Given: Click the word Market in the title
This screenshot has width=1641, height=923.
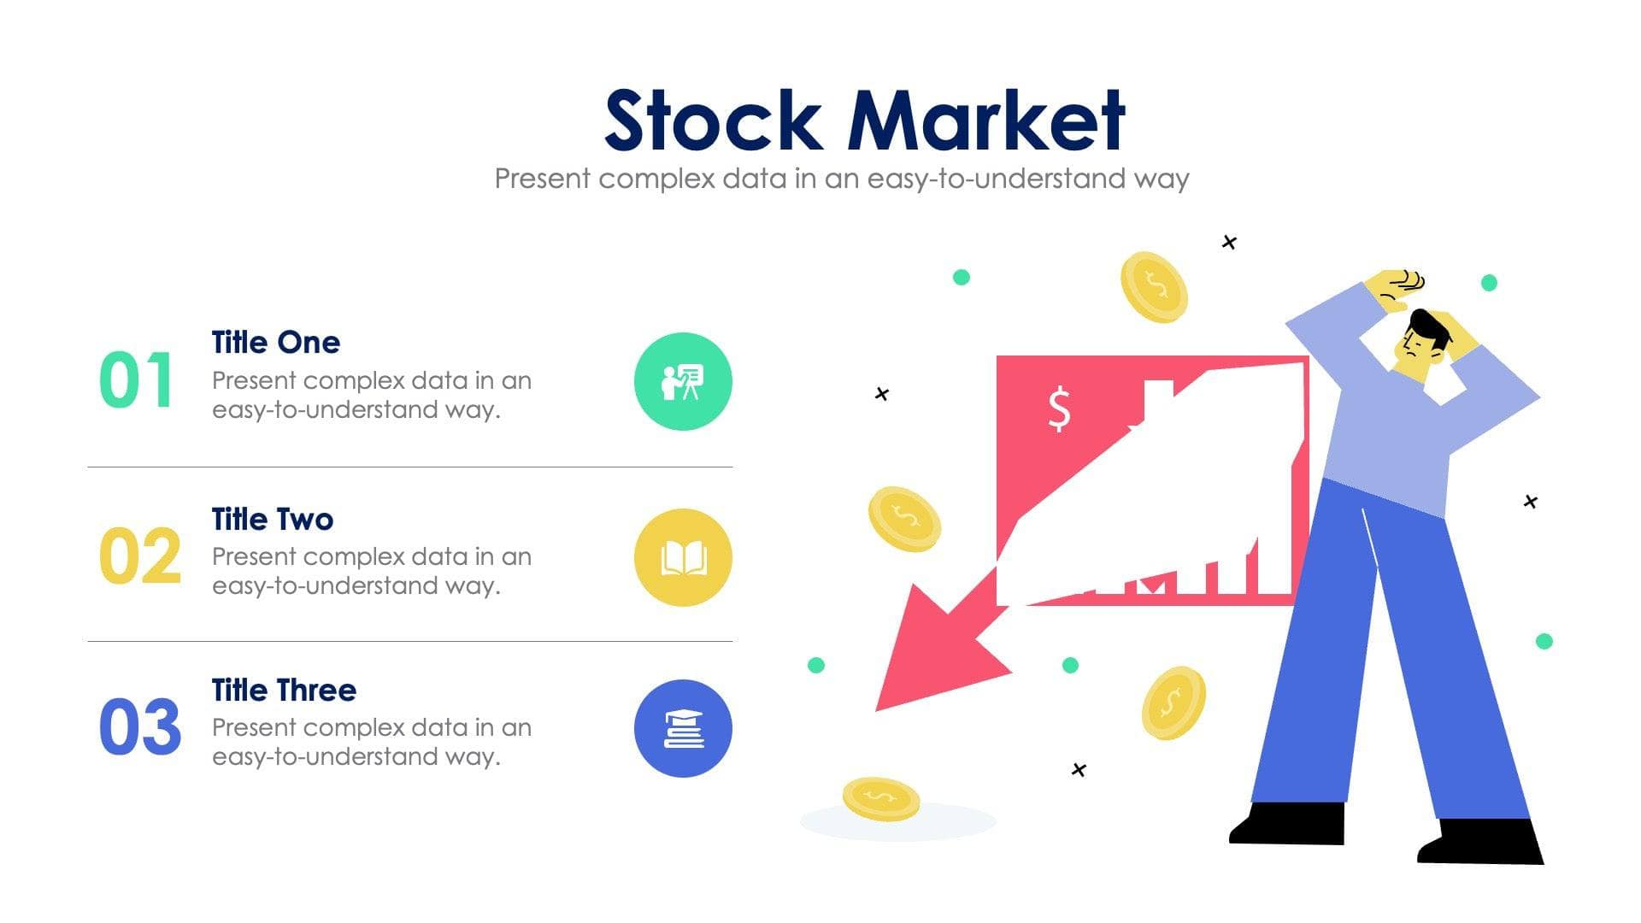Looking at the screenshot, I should tap(986, 121).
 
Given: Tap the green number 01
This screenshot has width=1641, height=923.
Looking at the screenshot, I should tap(136, 380).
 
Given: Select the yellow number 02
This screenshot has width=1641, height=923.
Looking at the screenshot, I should tap(139, 556).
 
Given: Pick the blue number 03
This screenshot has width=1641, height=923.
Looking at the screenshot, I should tap(139, 727).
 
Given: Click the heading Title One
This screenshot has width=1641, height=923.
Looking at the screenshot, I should tap(275, 343).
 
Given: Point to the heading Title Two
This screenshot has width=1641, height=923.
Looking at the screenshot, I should tap(272, 519).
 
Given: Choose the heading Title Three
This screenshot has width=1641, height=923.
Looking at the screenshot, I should tap(284, 690).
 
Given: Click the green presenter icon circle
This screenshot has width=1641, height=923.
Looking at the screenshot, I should tap(683, 381).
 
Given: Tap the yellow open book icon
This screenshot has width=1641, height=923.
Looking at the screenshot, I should tap(683, 557).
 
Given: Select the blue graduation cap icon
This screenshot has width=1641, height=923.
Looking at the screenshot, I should tap(683, 728).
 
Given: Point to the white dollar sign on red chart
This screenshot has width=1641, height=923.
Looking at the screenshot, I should tap(1059, 409).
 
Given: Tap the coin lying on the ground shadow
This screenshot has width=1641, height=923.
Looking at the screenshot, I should tap(880, 799).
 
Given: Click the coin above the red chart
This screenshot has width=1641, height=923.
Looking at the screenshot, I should tap(1154, 287).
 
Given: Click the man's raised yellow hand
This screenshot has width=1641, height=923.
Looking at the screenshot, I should tap(1395, 288).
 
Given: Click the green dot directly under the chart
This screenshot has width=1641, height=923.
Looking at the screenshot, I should tap(1070, 665).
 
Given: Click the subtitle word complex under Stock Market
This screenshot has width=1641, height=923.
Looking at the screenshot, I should tap(656, 179).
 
